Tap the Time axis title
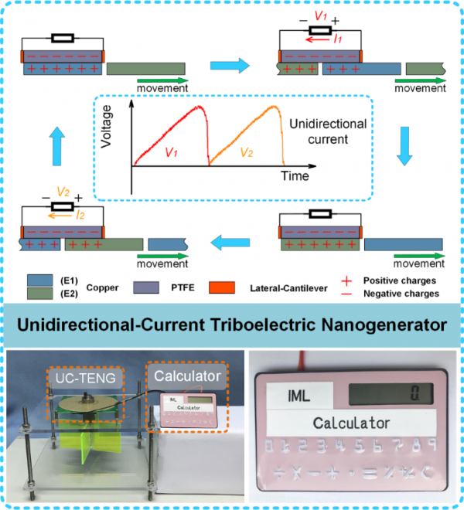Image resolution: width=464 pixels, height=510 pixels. [x=295, y=176]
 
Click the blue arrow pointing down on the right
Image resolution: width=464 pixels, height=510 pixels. [x=403, y=145]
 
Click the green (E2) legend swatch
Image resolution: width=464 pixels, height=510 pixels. [x=36, y=293]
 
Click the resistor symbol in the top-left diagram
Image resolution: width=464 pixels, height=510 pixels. [x=62, y=36]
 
